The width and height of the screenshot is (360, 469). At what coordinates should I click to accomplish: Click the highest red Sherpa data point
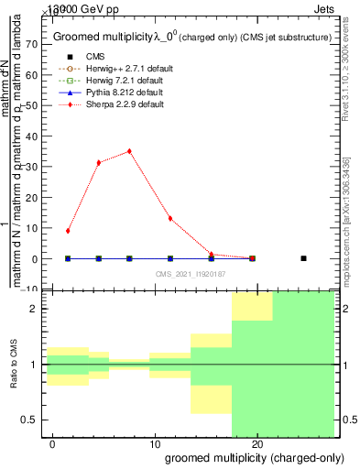[x=129, y=151]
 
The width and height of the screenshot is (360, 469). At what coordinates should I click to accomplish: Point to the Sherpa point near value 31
[x=99, y=162]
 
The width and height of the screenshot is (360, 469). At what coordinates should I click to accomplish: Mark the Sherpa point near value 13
[x=170, y=218]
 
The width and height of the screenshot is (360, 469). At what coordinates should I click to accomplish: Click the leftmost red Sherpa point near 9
[x=68, y=231]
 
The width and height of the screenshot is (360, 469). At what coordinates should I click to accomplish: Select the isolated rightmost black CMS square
[x=303, y=258]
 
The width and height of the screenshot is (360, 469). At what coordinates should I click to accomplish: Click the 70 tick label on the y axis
[x=30, y=43]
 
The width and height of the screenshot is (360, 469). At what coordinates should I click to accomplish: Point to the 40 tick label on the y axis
[x=30, y=136]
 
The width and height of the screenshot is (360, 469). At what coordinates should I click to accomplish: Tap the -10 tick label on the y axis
[x=28, y=289]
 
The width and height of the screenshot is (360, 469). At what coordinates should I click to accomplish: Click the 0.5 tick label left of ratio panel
[x=29, y=420]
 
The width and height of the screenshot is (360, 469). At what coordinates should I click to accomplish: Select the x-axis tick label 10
[x=150, y=444]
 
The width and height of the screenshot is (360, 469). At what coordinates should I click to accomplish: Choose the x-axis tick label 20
[x=253, y=444]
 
